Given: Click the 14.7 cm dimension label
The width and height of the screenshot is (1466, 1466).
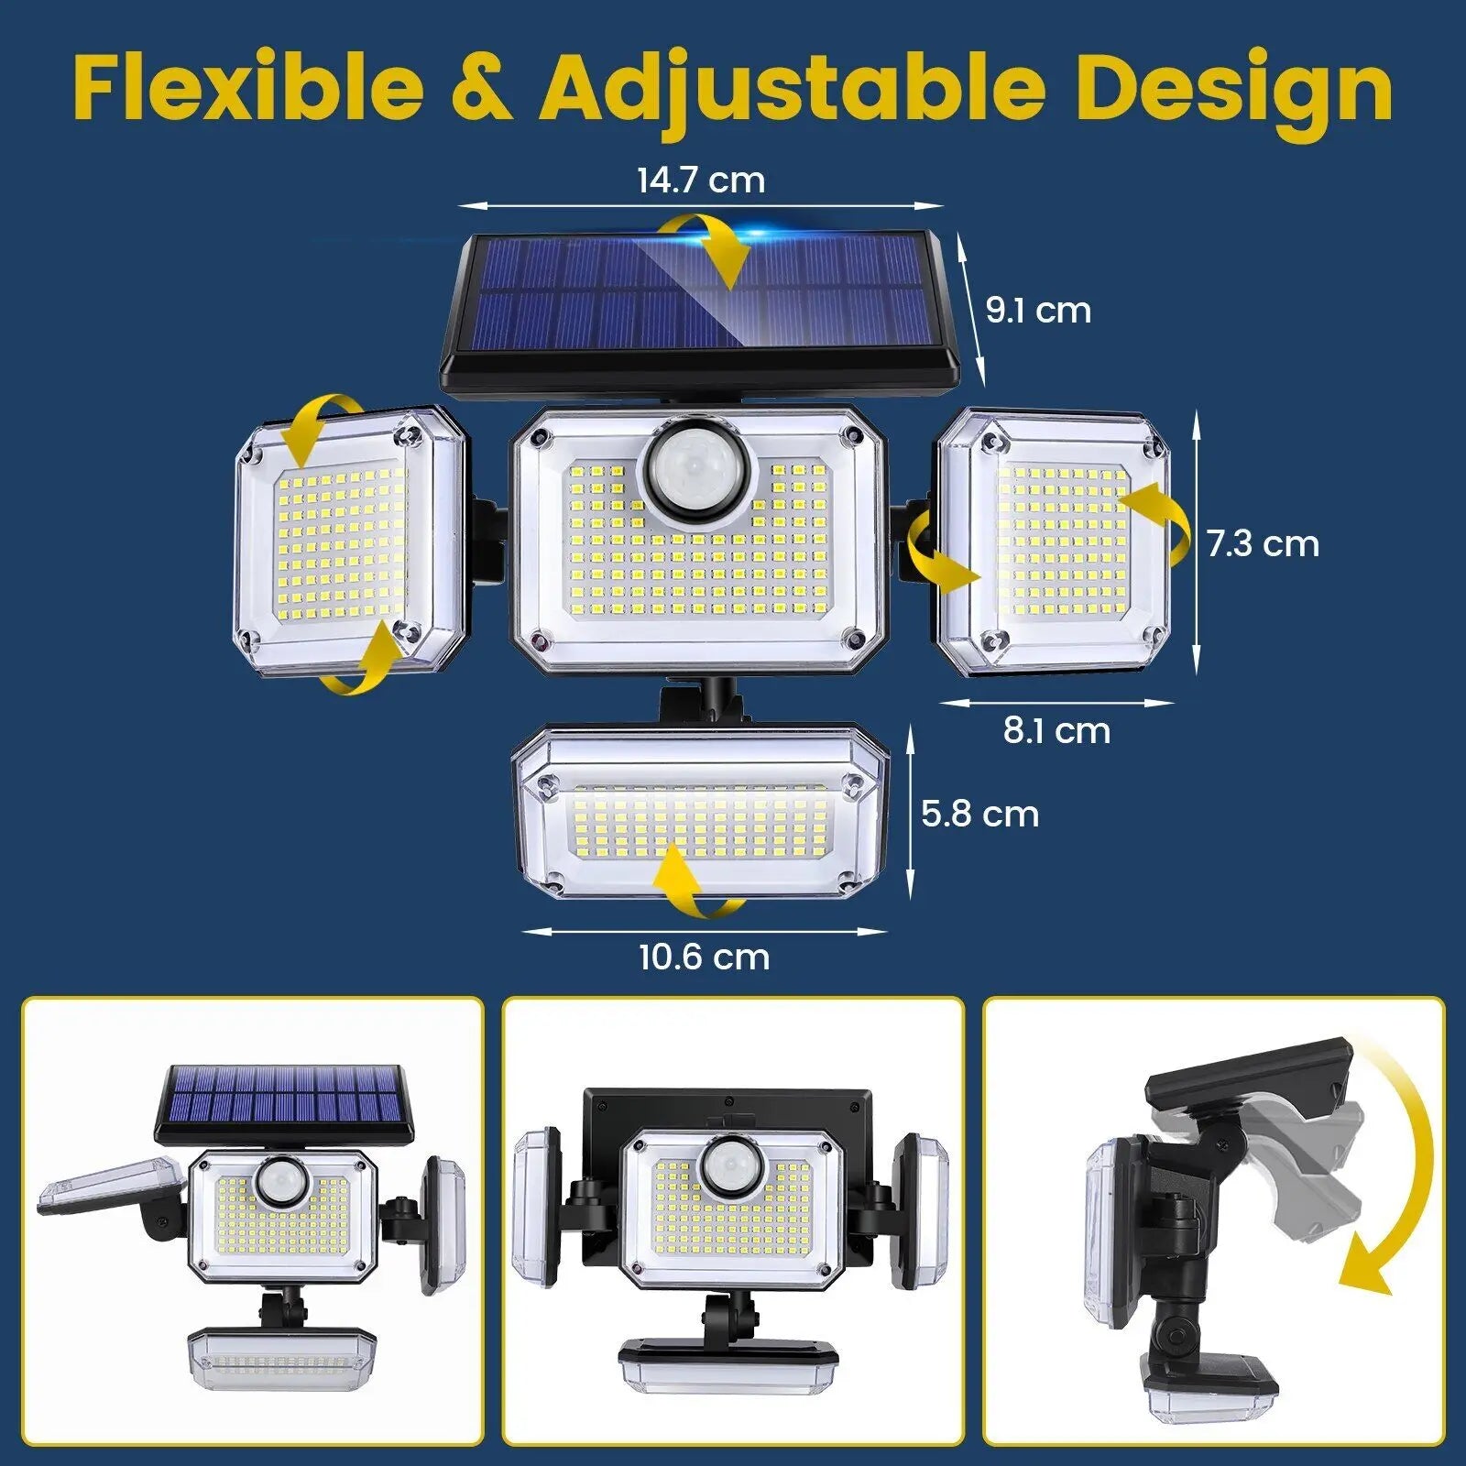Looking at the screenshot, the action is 701,180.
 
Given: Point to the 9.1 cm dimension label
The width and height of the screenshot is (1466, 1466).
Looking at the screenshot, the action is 1038,311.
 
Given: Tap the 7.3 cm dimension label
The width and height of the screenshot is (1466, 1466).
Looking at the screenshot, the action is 1263,543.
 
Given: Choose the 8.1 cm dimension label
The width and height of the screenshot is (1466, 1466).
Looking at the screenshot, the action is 1056,730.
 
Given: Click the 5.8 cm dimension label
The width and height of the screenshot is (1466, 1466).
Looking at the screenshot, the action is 979,814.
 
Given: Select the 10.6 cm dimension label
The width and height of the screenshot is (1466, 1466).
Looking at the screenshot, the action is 704,957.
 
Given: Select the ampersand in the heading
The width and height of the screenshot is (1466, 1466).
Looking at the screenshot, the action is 481,89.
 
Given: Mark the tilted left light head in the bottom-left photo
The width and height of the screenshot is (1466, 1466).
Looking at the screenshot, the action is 110,1187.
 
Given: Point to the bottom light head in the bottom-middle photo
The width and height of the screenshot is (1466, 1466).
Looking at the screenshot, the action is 728,1363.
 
